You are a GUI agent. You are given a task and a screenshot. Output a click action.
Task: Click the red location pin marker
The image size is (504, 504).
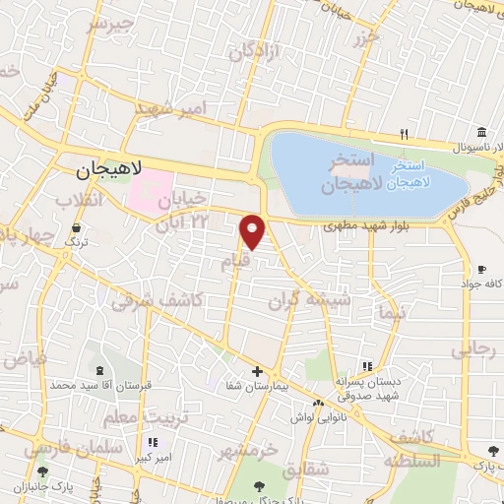click(x=253, y=230)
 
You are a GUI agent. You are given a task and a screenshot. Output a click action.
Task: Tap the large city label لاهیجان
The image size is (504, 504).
click(x=109, y=169)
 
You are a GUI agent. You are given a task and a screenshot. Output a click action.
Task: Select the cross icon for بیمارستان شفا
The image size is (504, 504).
click(x=257, y=372)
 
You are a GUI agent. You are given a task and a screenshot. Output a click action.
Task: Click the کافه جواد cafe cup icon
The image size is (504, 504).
click(x=480, y=269)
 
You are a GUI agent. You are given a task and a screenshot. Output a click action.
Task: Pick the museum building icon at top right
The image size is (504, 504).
click(x=480, y=133)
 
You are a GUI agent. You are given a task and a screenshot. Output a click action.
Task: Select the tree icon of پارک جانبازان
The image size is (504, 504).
click(x=39, y=472)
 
